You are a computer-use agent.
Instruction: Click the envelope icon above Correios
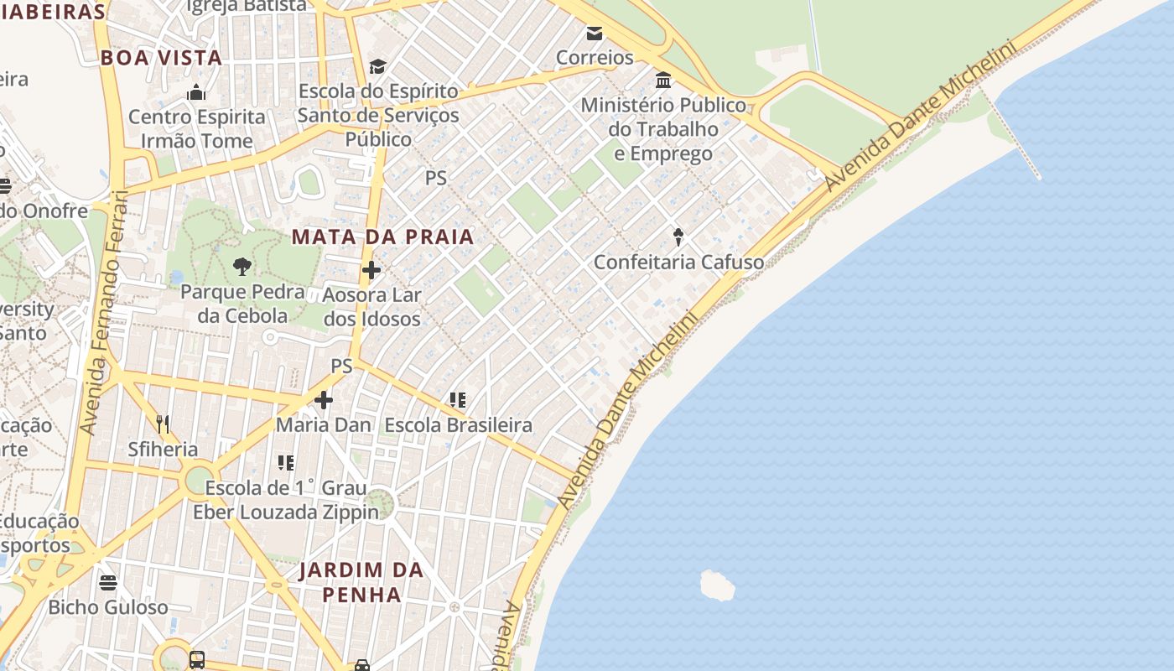595,34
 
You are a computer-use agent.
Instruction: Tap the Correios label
595,57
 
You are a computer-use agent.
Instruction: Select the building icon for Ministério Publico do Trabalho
663,81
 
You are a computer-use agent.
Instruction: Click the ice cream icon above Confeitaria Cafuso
678,237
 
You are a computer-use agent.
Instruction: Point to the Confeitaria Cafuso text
678,263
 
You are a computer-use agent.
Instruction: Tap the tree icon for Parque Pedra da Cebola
242,268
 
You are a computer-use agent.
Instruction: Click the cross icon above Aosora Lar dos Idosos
371,270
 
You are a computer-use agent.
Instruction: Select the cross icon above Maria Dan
324,400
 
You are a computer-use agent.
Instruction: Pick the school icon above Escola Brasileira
457,400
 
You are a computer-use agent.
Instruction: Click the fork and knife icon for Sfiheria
163,424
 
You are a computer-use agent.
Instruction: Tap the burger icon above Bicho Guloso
108,581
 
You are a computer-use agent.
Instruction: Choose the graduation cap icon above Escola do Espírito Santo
377,66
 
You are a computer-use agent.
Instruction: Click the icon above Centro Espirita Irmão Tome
196,92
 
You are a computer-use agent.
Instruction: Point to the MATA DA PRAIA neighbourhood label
382,237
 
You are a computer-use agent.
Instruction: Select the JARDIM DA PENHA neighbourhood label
361,582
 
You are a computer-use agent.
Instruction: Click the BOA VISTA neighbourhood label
161,58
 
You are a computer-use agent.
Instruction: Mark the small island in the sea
717,585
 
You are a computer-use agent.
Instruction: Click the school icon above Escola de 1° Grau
286,463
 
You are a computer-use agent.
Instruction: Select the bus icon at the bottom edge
197,660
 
